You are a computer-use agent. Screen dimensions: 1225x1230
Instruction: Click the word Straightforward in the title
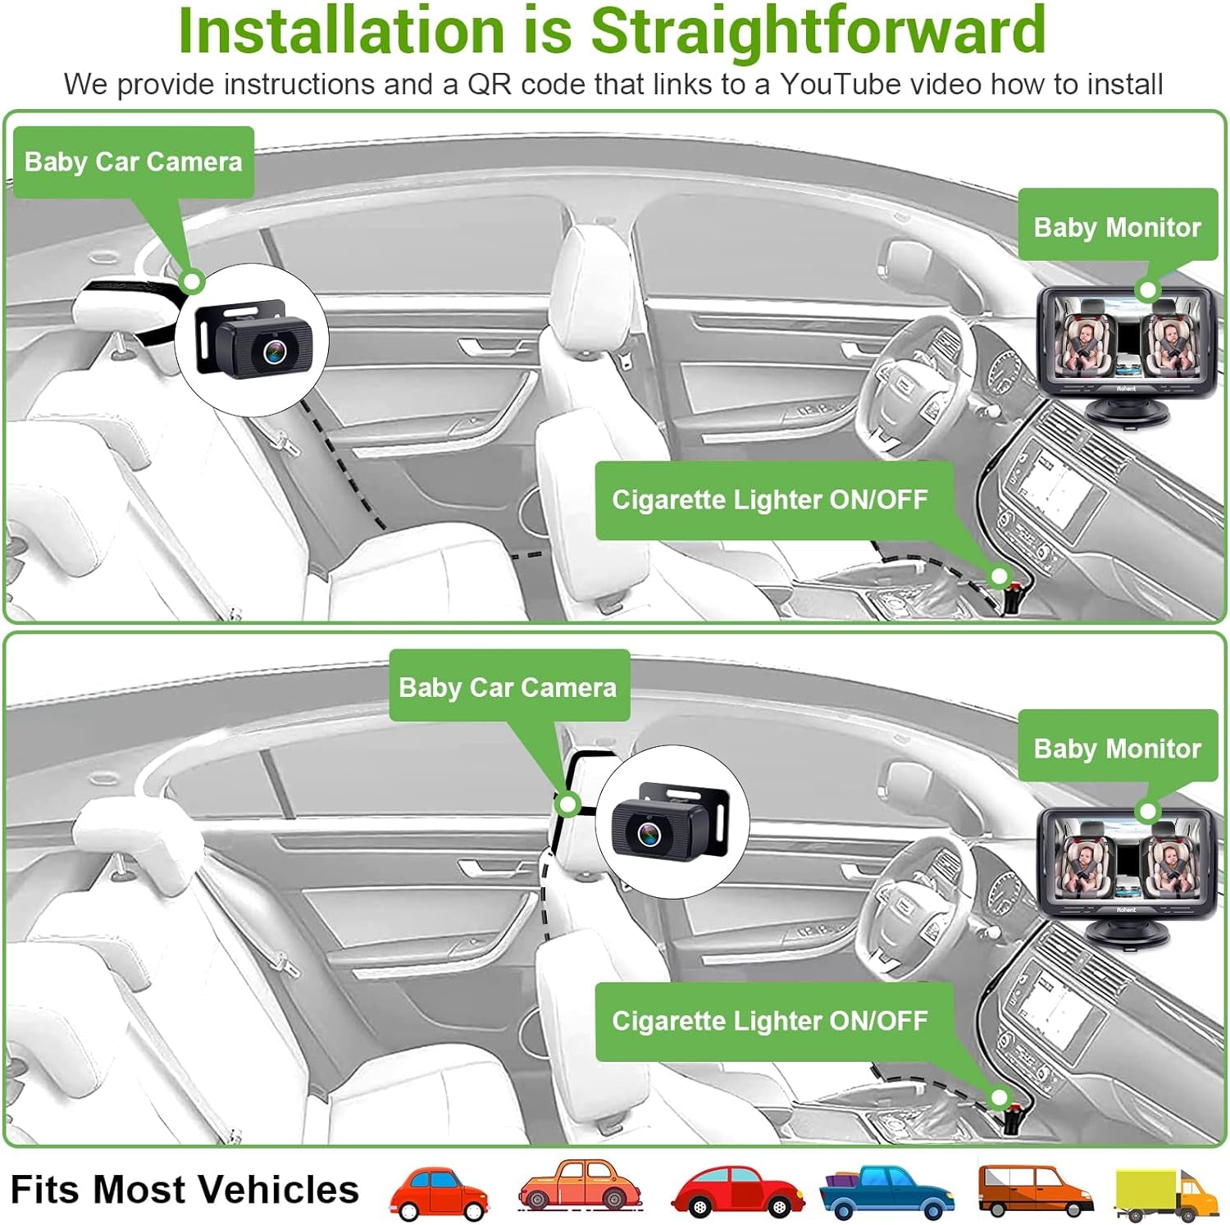818,30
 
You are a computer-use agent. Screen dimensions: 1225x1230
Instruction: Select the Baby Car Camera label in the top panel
133,162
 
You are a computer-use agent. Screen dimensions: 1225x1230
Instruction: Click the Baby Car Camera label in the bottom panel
508,686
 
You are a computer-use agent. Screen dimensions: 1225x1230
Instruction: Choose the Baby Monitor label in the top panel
1117,226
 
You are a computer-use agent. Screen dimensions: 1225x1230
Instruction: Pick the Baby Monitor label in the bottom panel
1117,748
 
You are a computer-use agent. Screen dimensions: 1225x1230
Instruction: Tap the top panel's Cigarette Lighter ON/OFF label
769,499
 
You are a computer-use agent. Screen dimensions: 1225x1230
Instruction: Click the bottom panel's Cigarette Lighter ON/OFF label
769,1021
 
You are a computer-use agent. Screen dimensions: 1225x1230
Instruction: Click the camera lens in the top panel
274,351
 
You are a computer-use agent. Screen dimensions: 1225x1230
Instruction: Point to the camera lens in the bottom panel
649,834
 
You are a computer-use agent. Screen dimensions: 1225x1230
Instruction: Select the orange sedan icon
581,1186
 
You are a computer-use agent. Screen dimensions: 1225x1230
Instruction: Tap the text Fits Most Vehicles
184,1189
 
